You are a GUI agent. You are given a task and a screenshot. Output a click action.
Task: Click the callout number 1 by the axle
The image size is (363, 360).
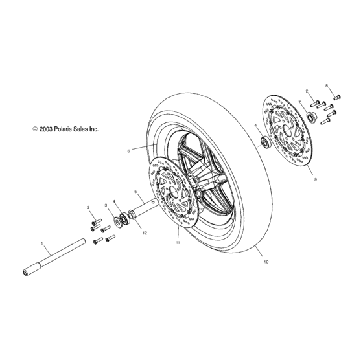[x=42, y=245]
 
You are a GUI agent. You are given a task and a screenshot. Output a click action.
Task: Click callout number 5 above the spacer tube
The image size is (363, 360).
[x=135, y=192]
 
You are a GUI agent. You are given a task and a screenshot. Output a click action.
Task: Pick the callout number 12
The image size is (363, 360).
[x=145, y=232]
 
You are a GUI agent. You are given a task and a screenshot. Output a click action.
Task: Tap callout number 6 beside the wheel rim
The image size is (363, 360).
[x=128, y=150]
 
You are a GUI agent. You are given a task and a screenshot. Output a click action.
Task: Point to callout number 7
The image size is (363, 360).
[x=300, y=102]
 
